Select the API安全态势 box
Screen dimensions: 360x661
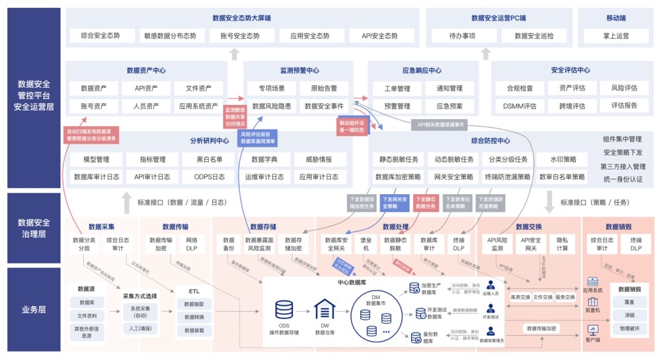pos(379,36)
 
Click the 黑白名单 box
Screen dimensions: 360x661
pos(208,159)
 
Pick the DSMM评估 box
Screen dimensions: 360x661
pos(520,106)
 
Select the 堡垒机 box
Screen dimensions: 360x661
pos(366,244)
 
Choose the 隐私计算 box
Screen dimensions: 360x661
pos(563,244)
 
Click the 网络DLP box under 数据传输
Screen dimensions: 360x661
pos(192,244)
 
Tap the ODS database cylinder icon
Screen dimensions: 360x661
pos(284,309)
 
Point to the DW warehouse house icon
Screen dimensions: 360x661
pos(325,309)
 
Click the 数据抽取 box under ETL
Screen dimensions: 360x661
pos(194,304)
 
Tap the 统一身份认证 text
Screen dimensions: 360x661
pos(623,179)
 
